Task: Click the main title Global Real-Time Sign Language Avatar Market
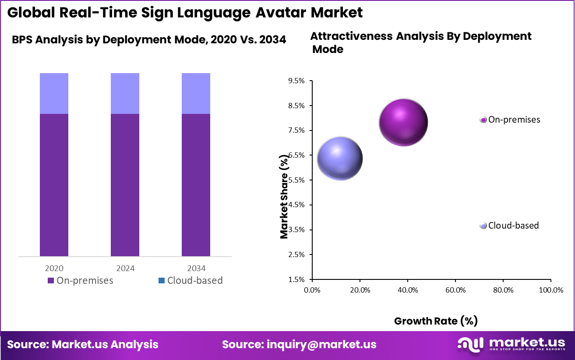click(x=185, y=12)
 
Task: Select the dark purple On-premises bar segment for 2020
click(x=54, y=185)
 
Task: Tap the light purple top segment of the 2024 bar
click(x=125, y=93)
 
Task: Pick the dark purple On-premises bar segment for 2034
click(x=196, y=185)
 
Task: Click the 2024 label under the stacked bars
click(x=125, y=268)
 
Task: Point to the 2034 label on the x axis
click(x=196, y=268)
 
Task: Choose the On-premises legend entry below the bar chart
click(x=80, y=280)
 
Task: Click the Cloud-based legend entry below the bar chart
click(x=190, y=280)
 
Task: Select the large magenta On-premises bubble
click(x=403, y=122)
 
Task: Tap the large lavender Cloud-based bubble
click(x=339, y=159)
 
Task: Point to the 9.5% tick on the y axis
click(x=296, y=81)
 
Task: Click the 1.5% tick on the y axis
click(x=296, y=279)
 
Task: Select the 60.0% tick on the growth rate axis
click(x=455, y=290)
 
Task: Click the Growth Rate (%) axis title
click(x=436, y=321)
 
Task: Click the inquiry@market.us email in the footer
click(x=299, y=344)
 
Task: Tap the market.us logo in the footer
click(x=512, y=344)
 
